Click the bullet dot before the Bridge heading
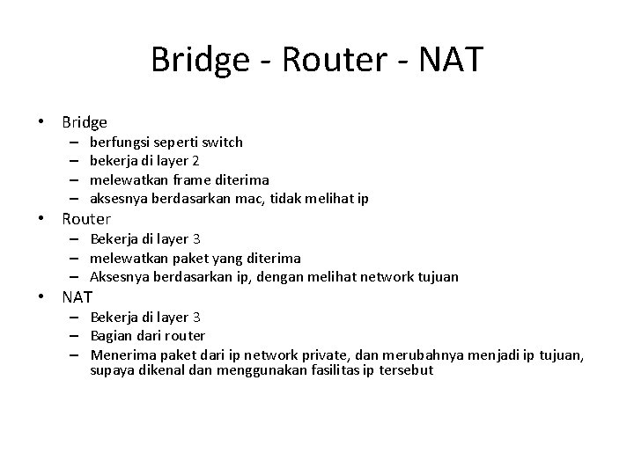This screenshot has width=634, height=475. point(41,122)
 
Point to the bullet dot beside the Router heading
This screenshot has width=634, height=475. point(41,219)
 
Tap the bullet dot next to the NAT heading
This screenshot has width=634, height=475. point(41,298)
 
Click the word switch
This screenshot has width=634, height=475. point(223,142)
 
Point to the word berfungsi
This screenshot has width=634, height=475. point(119,142)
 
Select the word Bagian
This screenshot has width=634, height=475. point(111,336)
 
